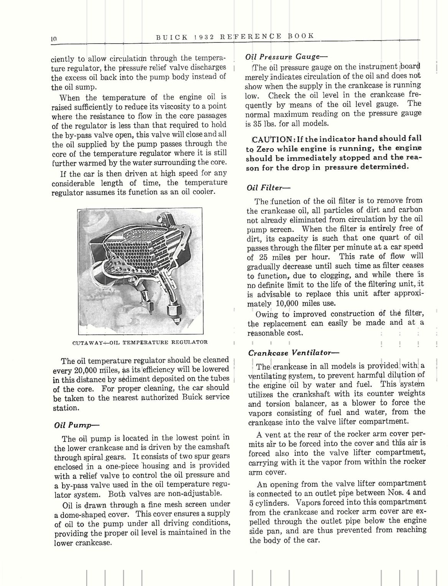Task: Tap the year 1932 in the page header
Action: pos(206,37)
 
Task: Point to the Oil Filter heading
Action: pos(269,187)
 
